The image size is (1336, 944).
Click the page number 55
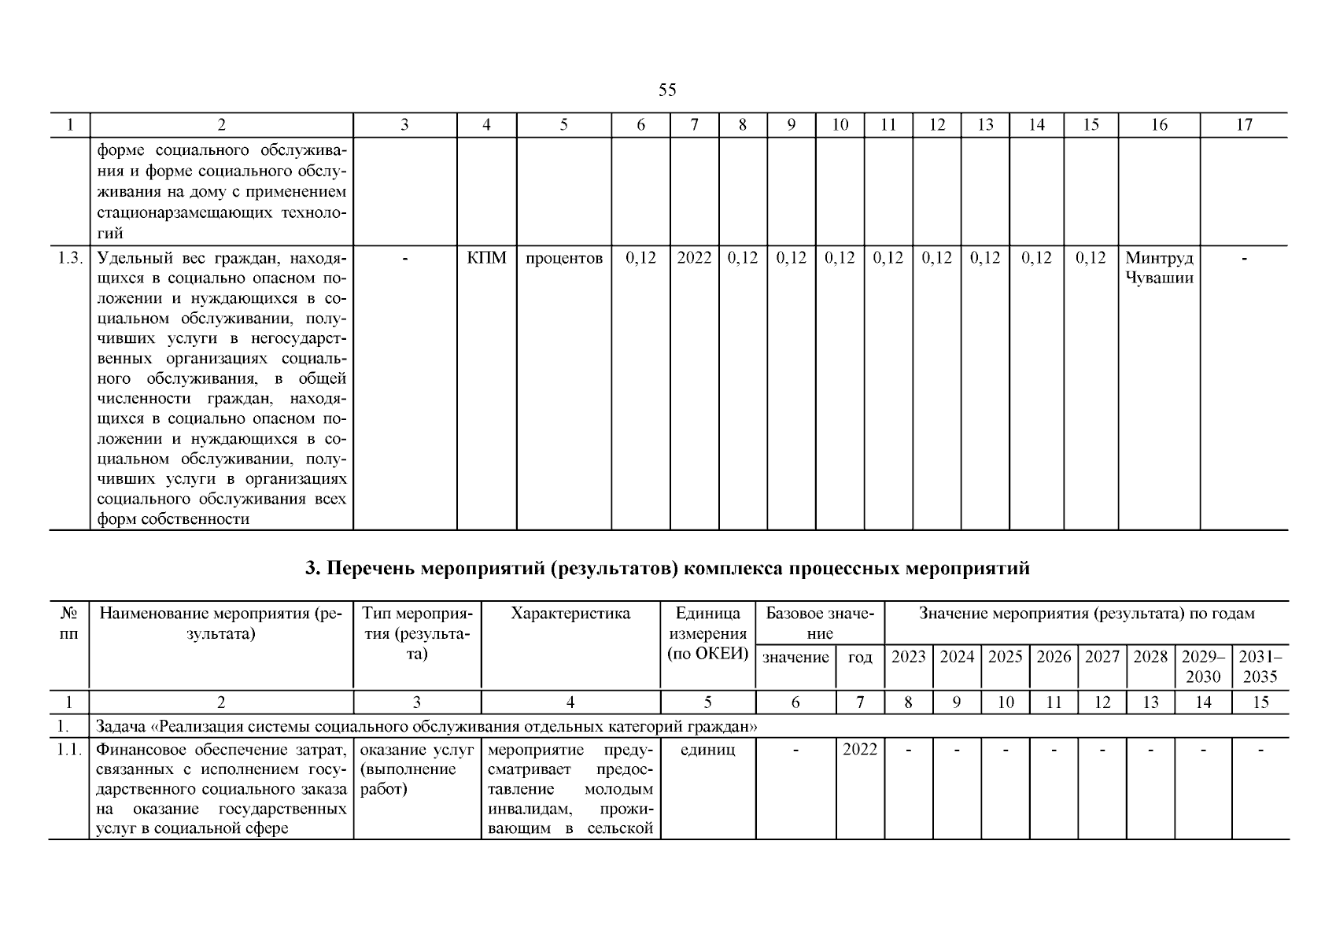(x=666, y=90)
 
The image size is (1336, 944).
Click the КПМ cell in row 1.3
(x=486, y=258)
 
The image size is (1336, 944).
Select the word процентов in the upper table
(x=563, y=258)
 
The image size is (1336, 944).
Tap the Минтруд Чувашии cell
(x=1159, y=268)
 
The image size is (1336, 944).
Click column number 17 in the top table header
(x=1244, y=124)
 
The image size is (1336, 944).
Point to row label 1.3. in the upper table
(x=70, y=258)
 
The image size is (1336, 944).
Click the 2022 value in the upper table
(x=694, y=258)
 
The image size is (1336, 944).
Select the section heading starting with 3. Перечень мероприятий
(x=667, y=568)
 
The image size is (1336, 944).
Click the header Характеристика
(x=570, y=614)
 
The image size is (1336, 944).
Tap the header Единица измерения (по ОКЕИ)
(x=707, y=634)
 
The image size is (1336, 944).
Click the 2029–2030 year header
(x=1203, y=666)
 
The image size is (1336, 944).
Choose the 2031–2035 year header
(x=1260, y=666)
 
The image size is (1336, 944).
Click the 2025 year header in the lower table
(x=1005, y=657)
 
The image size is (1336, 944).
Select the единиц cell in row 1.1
(x=707, y=750)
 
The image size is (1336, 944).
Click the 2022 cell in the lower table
(x=859, y=750)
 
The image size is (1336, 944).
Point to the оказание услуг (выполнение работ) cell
(x=416, y=769)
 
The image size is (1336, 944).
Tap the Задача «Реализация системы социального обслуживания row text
(x=426, y=726)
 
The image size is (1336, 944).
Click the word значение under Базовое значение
(x=795, y=657)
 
